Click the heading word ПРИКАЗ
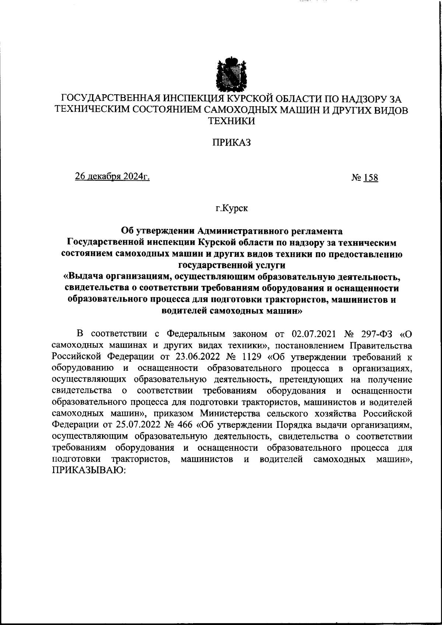click(231, 142)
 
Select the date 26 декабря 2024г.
click(112, 177)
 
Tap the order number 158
click(371, 178)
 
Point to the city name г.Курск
click(232, 209)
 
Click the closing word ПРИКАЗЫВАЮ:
click(89, 470)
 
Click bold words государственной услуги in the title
click(232, 265)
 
